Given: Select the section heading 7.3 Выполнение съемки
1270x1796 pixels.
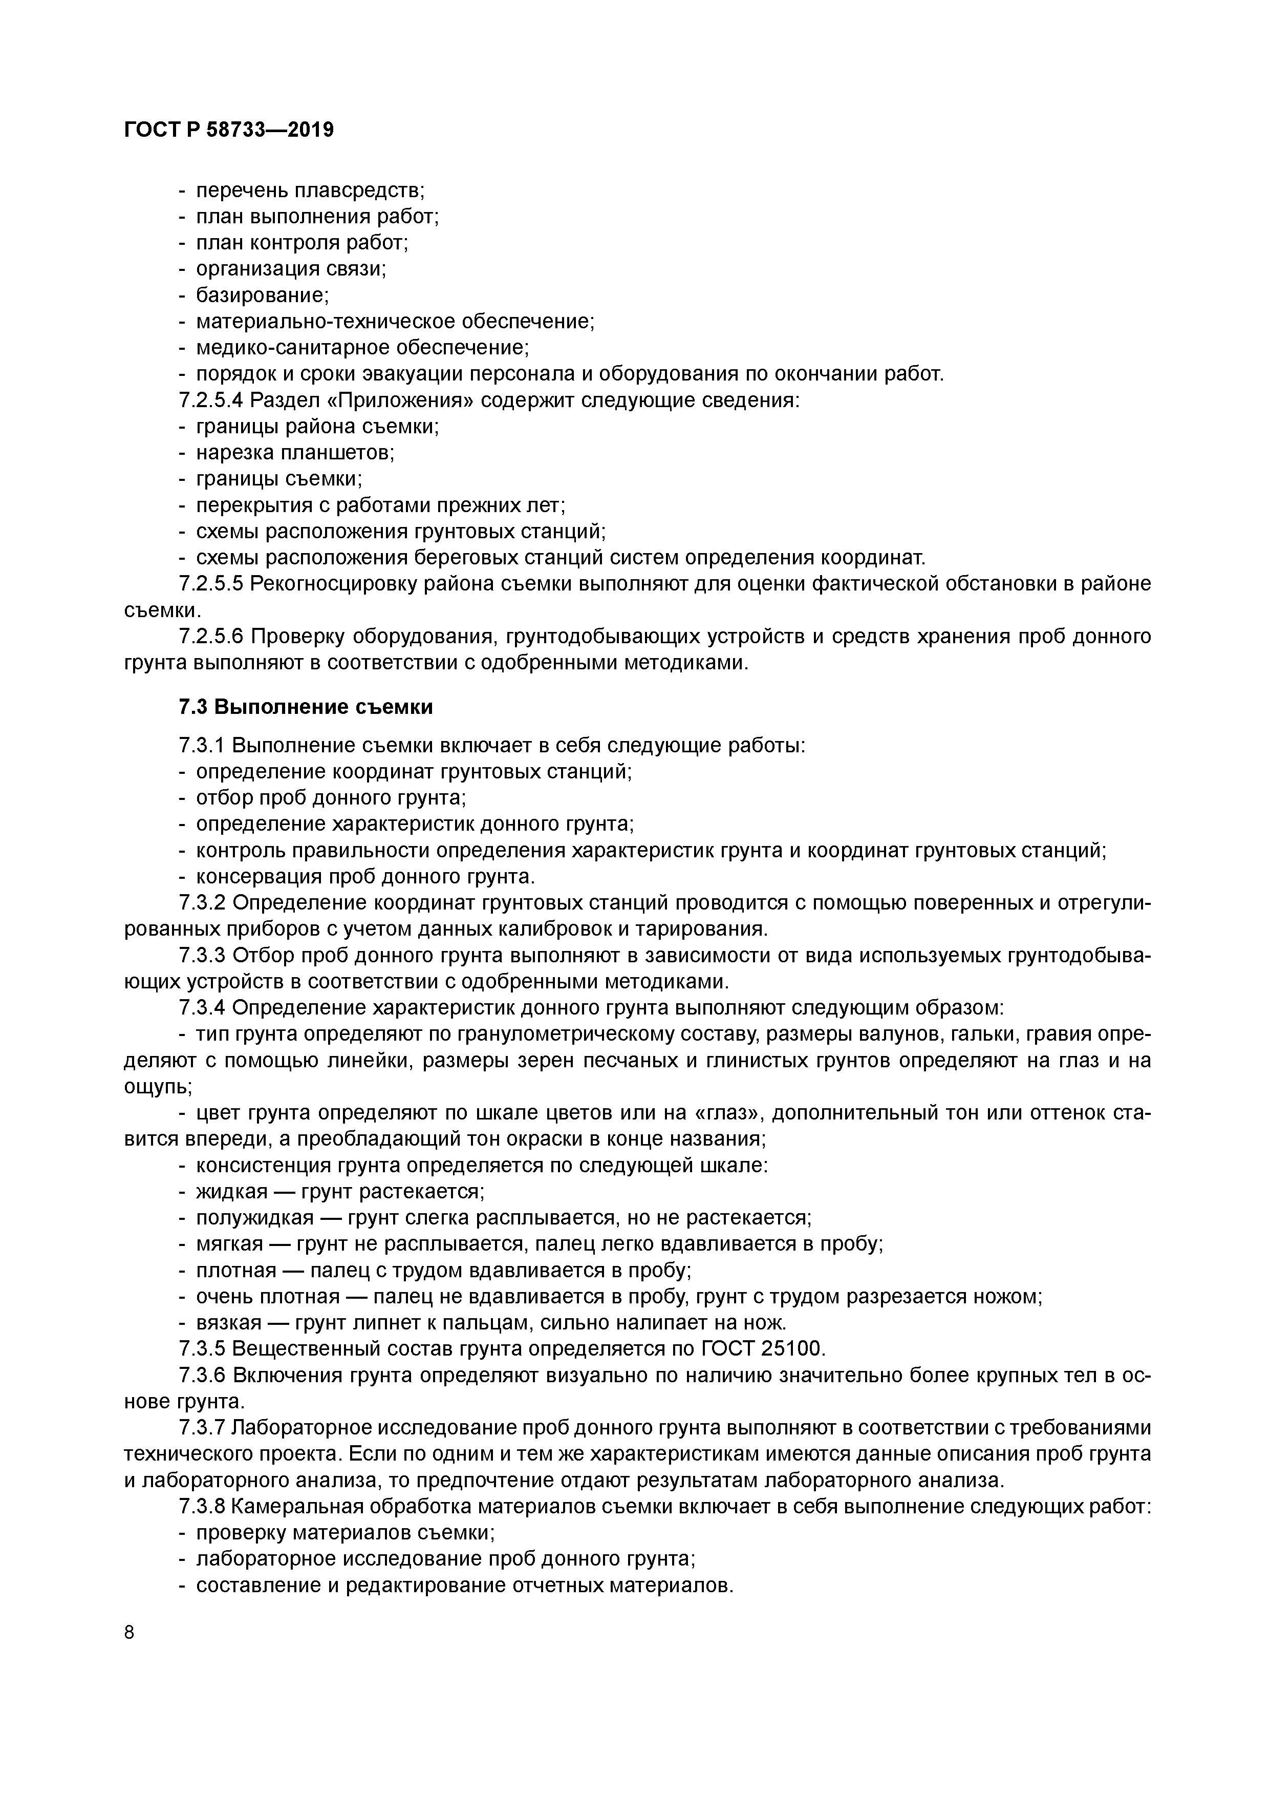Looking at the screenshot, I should tap(305, 707).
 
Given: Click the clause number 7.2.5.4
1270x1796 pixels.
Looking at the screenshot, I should tap(211, 400).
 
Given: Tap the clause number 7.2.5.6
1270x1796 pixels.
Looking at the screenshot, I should tap(211, 637).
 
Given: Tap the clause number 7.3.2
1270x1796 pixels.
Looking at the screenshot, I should tap(202, 903).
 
